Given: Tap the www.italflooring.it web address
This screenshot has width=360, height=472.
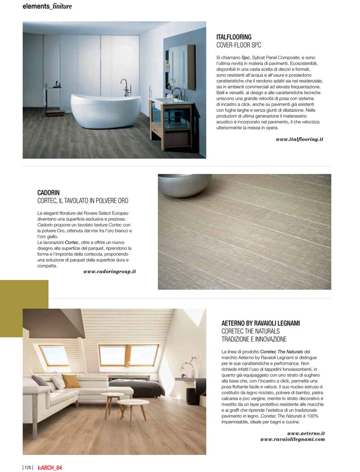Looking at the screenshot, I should tap(299, 139).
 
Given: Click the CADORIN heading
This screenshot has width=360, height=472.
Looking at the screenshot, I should tap(49, 193).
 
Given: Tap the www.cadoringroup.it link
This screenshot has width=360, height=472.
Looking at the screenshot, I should tap(110, 271).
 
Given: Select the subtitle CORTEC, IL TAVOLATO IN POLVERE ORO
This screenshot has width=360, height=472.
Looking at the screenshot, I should tap(83, 201).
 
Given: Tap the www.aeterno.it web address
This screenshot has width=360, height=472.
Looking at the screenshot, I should tap(305, 433).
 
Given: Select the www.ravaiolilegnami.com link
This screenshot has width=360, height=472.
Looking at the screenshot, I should tap(293, 440).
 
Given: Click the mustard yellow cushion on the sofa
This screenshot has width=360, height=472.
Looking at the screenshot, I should tap(71, 381).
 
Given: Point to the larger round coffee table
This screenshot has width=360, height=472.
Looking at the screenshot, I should tap(133, 403).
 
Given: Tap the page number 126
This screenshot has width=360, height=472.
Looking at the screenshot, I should tap(28, 467).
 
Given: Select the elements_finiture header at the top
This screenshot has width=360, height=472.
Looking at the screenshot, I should tap(47, 7).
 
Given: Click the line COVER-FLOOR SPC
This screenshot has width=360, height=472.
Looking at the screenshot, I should tap(239, 45).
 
